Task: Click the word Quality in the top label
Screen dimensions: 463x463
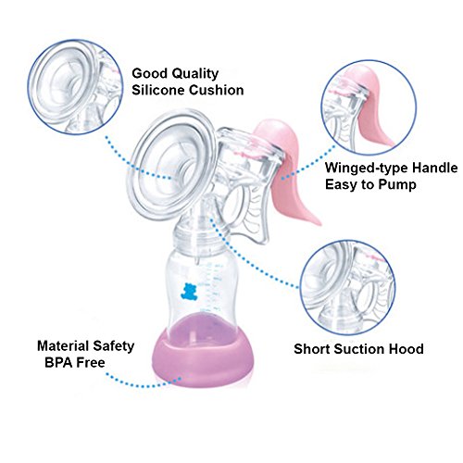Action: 194,74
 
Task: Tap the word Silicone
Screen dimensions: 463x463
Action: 158,90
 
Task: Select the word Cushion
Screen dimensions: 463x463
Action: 216,90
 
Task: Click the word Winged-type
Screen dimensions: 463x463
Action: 367,169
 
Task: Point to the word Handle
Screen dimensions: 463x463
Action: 435,168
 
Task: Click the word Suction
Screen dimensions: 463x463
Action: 359,349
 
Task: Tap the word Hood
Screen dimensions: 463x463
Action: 406,349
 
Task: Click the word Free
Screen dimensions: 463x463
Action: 91,362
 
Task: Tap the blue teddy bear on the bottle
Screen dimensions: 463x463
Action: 188,292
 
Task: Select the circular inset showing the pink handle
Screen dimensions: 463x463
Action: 369,107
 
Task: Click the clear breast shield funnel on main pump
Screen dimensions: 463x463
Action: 170,164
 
